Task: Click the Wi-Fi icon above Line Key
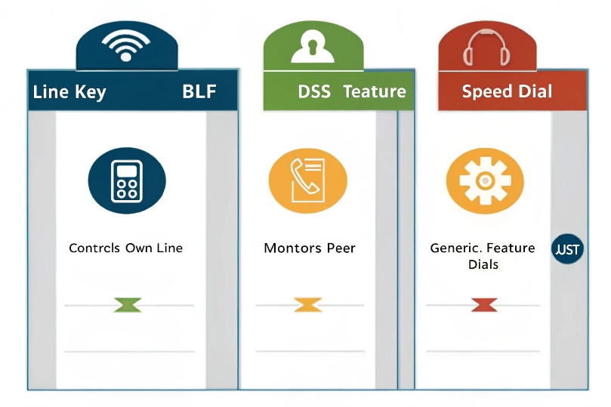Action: (x=126, y=46)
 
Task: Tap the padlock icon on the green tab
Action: (x=313, y=46)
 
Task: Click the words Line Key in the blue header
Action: (x=69, y=92)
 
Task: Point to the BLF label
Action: (x=199, y=92)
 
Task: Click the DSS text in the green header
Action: (x=314, y=91)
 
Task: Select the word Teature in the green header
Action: (x=375, y=91)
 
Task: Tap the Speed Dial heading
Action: (x=507, y=91)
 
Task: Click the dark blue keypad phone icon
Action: (x=126, y=180)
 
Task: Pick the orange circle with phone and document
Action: (x=308, y=180)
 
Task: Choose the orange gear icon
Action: (x=484, y=180)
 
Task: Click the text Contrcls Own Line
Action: (x=125, y=248)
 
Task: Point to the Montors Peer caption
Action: (x=310, y=248)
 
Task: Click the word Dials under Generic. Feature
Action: (x=483, y=264)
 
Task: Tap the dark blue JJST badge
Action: (x=568, y=250)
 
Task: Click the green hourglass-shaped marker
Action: (x=128, y=305)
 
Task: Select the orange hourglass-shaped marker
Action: (x=307, y=305)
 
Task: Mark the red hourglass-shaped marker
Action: (x=483, y=305)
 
